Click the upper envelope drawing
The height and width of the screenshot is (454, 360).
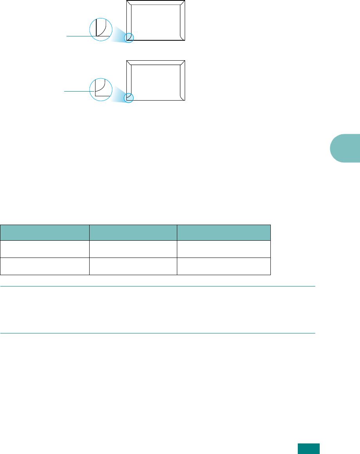[156, 20]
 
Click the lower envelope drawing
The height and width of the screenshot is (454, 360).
[156, 81]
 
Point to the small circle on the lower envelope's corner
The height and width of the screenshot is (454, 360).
[129, 97]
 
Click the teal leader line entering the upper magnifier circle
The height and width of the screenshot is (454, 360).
[78, 36]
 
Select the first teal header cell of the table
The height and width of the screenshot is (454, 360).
[45, 232]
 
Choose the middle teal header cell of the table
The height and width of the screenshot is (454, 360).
[133, 232]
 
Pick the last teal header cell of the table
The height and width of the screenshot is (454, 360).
[223, 232]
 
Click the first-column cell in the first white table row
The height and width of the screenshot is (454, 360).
[45, 249]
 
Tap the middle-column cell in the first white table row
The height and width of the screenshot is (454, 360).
[133, 249]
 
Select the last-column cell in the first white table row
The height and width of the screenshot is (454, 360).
[223, 249]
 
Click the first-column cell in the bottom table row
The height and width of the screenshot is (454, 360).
[45, 266]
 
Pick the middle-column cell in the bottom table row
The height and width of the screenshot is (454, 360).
[133, 266]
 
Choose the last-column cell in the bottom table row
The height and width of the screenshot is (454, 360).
[223, 266]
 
